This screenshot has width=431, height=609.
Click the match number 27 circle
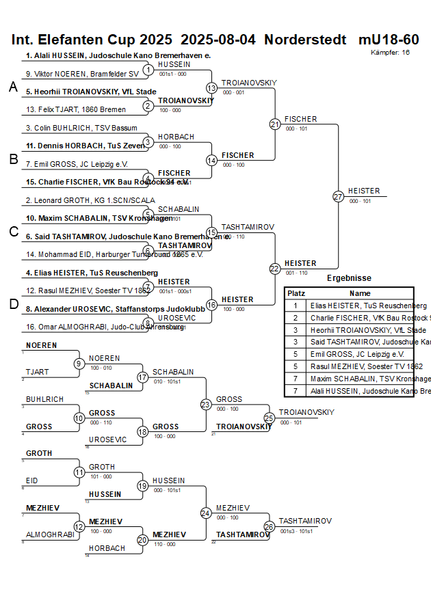pyautogui.click(x=338, y=197)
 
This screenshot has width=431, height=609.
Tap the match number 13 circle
pyautogui.click(x=211, y=88)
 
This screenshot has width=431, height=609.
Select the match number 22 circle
pyautogui.click(x=275, y=269)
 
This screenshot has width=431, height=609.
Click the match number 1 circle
pyautogui.click(x=148, y=70)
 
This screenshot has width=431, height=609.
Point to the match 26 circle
pyautogui.click(x=269, y=527)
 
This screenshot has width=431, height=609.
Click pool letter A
pyautogui.click(x=13, y=87)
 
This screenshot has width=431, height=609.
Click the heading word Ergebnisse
pyautogui.click(x=349, y=278)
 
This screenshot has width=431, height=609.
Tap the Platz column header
pyautogui.click(x=296, y=293)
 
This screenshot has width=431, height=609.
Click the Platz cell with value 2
pyautogui.click(x=296, y=318)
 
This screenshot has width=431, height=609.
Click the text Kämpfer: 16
pyautogui.click(x=391, y=52)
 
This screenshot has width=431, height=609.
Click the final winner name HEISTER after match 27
pyautogui.click(x=364, y=191)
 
